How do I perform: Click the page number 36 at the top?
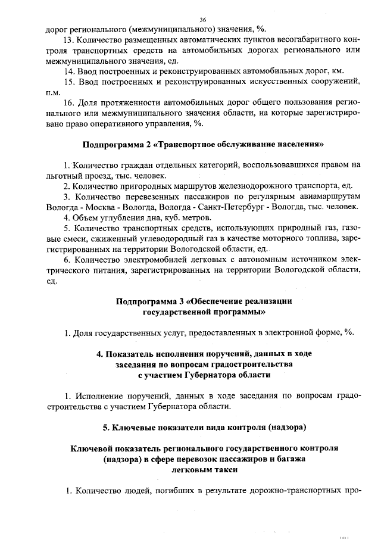tap(202, 20)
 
